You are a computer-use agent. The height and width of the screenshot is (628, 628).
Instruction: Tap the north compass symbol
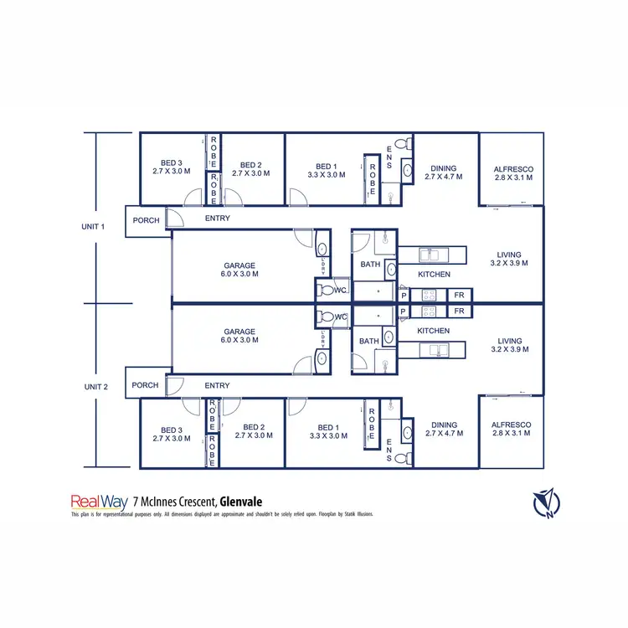click(x=545, y=502)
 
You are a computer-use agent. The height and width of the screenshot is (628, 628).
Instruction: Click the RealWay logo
click(x=98, y=502)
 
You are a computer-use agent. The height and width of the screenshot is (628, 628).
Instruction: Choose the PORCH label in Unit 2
click(x=145, y=385)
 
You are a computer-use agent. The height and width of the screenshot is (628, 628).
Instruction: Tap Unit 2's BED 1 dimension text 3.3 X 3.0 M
click(x=327, y=435)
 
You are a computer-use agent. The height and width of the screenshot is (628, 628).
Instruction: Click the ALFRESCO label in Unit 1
click(x=513, y=169)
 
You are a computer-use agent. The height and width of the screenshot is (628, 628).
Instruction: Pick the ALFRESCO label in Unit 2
click(x=513, y=425)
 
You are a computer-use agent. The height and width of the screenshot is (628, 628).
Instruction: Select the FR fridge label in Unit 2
click(x=459, y=311)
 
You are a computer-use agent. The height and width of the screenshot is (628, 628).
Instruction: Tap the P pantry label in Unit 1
click(x=404, y=296)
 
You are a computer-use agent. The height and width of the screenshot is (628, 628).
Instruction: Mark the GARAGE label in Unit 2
click(x=239, y=332)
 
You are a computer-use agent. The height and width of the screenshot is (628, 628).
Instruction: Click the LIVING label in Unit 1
click(x=509, y=255)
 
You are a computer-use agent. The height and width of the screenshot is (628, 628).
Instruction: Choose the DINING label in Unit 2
click(x=444, y=425)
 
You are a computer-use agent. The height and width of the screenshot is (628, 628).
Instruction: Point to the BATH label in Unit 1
click(x=369, y=265)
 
